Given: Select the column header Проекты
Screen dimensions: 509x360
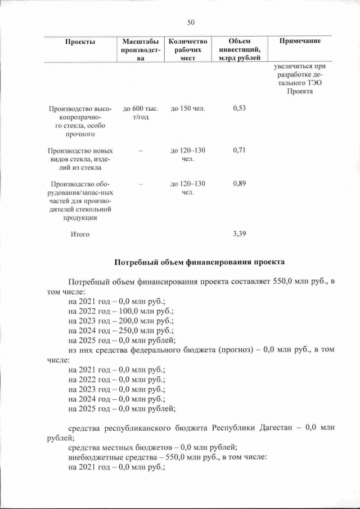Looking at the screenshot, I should (x=80, y=42).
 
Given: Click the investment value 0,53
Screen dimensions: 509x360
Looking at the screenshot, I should (x=239, y=108).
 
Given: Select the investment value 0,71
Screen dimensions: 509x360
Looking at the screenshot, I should (x=239, y=151).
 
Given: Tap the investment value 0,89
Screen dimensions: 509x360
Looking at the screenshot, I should (x=239, y=184).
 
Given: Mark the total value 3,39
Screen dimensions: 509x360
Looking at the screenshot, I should (x=239, y=234).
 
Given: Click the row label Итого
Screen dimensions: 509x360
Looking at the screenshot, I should (x=80, y=234).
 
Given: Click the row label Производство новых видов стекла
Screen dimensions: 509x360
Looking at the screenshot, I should (x=80, y=159).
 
